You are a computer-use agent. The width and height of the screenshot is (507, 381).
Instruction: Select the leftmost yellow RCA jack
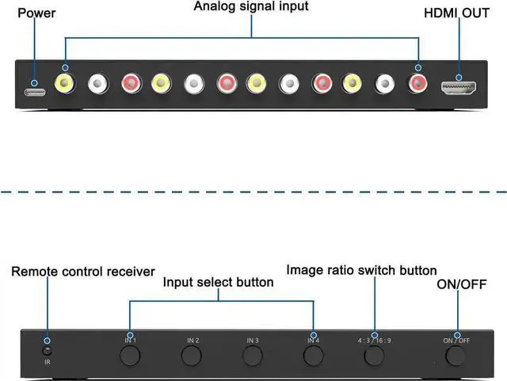(64, 82)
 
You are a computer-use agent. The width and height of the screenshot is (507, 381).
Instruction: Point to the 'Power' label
(36, 13)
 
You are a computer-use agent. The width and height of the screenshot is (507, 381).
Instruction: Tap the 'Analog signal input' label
(251, 6)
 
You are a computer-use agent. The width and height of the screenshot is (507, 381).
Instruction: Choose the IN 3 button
(253, 356)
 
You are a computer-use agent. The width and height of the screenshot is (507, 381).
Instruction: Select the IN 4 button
(314, 356)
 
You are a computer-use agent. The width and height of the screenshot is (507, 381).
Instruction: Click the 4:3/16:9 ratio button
(375, 356)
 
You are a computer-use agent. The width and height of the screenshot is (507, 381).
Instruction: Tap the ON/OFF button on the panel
(457, 356)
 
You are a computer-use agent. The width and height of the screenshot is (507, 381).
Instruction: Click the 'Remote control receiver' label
(83, 272)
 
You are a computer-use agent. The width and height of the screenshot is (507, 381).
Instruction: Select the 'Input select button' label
(219, 282)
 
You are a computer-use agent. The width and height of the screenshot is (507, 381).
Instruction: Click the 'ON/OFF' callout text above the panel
(461, 284)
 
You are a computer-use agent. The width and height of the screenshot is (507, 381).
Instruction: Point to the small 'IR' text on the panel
(48, 363)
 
